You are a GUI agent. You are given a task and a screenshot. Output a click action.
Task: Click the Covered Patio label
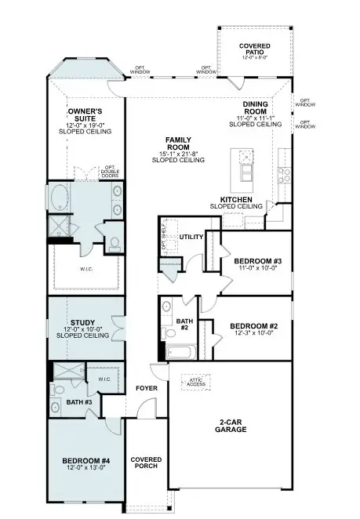tap(255, 51)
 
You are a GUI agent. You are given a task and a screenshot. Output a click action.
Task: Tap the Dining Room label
tap(255, 114)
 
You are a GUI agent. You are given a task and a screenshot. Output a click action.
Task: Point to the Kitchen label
tap(235, 202)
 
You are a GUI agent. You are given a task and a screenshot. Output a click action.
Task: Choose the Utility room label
tap(191, 236)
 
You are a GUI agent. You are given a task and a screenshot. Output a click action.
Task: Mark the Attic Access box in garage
tap(195, 382)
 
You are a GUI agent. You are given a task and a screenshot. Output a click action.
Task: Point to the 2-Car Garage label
tap(232, 426)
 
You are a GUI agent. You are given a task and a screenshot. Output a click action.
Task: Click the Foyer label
tap(147, 388)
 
